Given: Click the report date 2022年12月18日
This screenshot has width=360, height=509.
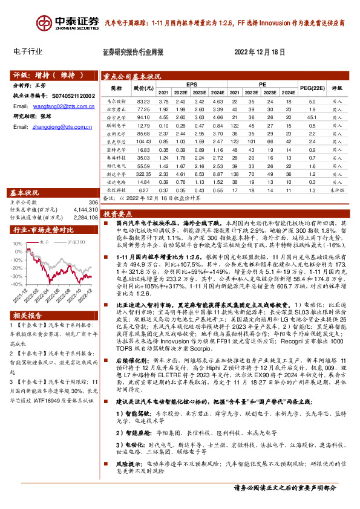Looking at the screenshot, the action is click(x=258, y=53).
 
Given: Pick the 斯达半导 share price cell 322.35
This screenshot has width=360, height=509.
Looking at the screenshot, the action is click(x=143, y=172).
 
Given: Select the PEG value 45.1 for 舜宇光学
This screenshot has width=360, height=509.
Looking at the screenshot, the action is click(x=310, y=117).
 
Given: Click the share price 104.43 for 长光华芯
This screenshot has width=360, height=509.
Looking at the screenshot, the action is click(x=143, y=141).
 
